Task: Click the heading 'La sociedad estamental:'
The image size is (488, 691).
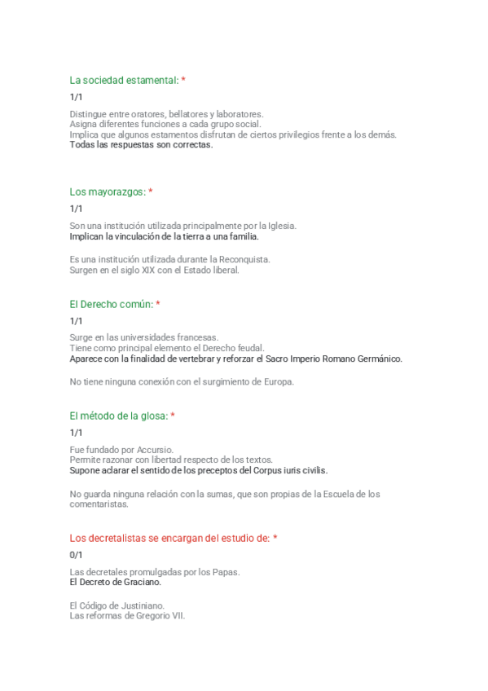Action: [x=124, y=80]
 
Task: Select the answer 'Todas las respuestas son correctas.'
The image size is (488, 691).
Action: [x=141, y=145]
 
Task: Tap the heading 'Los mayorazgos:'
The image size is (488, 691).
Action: [x=108, y=191]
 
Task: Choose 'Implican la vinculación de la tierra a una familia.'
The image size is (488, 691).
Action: [x=164, y=236]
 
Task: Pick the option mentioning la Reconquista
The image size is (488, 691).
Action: [x=169, y=259]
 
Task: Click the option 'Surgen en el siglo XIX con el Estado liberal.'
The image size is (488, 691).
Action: [x=155, y=270]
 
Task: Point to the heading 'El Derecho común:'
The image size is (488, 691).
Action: [x=111, y=304]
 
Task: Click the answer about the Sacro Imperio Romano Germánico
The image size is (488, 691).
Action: [x=235, y=359]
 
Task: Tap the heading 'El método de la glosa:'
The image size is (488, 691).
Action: [x=118, y=416]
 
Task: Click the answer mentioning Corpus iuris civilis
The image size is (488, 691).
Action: [x=199, y=470]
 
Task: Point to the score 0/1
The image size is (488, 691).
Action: [x=77, y=555]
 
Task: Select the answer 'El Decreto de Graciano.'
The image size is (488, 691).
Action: [x=116, y=583]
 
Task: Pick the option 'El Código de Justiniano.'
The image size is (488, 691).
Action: [x=117, y=605]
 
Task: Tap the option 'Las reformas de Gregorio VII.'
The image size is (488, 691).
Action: [x=128, y=616]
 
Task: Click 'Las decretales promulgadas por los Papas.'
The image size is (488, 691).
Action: [x=155, y=572]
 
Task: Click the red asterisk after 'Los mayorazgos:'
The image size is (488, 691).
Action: [x=151, y=191]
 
